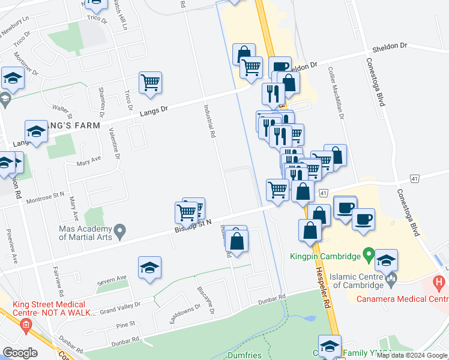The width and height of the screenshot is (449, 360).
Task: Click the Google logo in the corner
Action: pos(19,352)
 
